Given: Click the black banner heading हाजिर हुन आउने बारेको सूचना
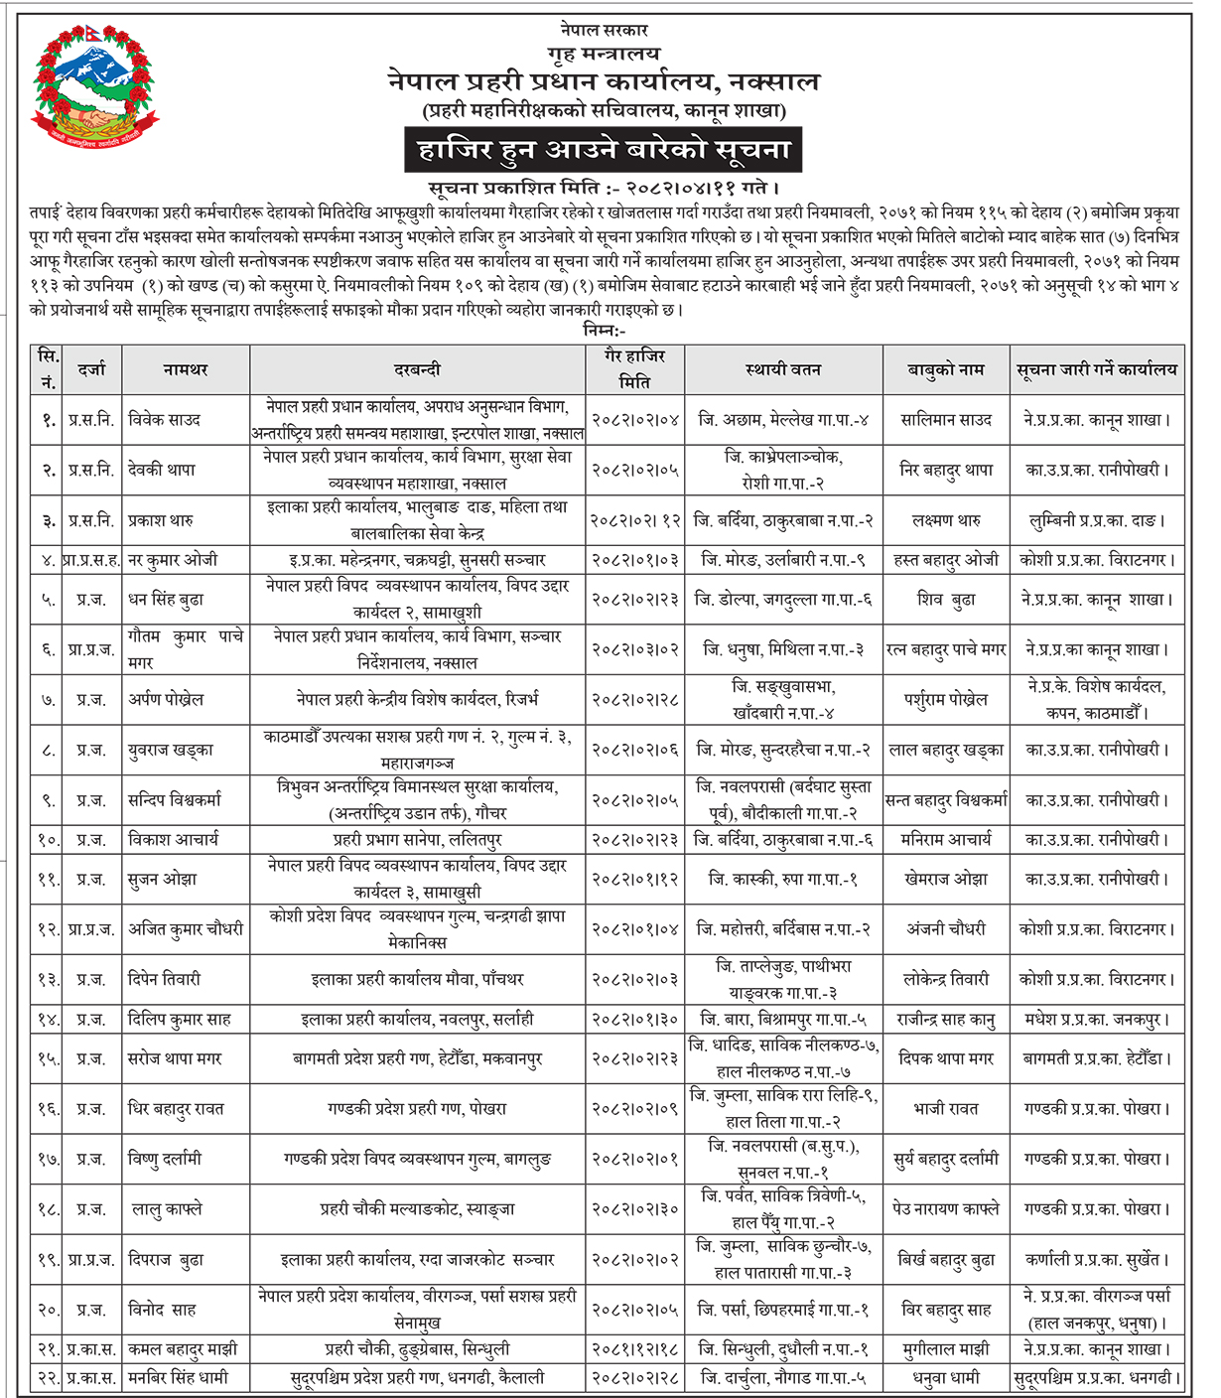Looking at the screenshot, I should click(x=604, y=150).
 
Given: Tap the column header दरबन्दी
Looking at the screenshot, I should click(x=417, y=370).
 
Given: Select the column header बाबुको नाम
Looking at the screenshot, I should click(x=945, y=370).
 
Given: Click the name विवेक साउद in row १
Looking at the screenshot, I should click(x=165, y=420).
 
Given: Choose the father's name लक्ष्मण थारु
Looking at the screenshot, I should click(x=946, y=520).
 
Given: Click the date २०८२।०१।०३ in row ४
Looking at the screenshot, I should click(x=635, y=560).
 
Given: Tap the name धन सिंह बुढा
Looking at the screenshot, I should click(x=167, y=600).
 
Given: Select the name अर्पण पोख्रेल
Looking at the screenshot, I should click(x=166, y=699).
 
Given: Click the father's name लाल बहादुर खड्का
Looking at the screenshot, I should click(x=946, y=750).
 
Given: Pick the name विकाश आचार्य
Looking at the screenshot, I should click(x=173, y=840).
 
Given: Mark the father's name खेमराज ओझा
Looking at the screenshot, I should click(x=946, y=880).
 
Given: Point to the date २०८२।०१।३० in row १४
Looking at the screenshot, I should click(x=635, y=1019).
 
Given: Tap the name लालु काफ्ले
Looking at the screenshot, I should click(x=167, y=1209).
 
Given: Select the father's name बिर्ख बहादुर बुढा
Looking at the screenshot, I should click(x=946, y=1260).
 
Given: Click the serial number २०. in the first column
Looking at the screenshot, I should click(x=49, y=1310).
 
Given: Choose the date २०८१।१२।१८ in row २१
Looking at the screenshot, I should click(x=635, y=1349).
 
